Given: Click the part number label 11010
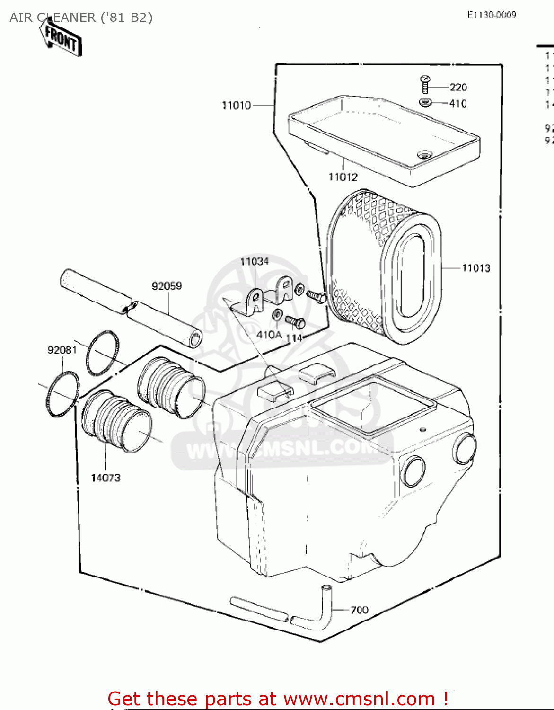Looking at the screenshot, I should (x=236, y=105).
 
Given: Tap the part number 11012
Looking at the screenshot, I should (x=343, y=177).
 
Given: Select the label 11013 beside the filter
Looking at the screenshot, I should (x=476, y=268).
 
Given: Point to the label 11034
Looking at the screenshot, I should (x=255, y=261).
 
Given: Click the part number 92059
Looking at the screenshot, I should (x=167, y=285).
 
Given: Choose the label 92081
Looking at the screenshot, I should (x=62, y=350).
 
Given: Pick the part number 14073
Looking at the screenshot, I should (x=106, y=478).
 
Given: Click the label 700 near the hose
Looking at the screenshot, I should (x=360, y=610).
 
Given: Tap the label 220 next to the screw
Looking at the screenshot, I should (x=458, y=87).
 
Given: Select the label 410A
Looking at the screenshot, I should (x=269, y=335).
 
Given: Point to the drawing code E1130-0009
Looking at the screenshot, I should (x=492, y=15).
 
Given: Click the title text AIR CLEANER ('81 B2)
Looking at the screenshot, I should (x=81, y=18).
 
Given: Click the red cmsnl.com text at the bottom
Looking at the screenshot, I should (x=278, y=699).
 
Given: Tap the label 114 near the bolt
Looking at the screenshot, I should (x=294, y=338).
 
